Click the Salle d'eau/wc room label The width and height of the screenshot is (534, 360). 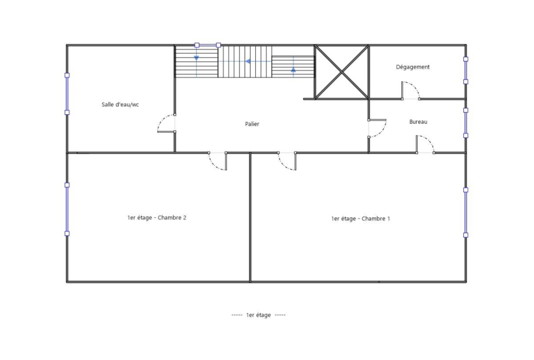click(x=120, y=104)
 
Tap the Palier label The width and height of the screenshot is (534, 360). click(x=252, y=124)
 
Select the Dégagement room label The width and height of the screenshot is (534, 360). click(x=413, y=67)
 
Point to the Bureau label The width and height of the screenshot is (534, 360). click(x=418, y=122)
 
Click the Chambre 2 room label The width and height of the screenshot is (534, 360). click(x=157, y=218)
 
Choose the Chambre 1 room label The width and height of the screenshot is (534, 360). click(x=360, y=219)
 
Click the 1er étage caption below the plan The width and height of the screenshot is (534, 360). click(x=258, y=315)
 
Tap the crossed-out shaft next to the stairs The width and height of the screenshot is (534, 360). click(x=342, y=72)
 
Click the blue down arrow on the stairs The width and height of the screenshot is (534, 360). click(x=197, y=58)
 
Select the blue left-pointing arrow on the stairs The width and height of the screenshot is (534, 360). click(x=248, y=61)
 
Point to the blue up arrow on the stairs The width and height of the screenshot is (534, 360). click(x=293, y=70)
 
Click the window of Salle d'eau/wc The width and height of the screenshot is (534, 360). click(x=67, y=94)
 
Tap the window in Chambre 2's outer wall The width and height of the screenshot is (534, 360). click(x=67, y=209)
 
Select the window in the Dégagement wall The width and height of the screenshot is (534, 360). click(x=466, y=70)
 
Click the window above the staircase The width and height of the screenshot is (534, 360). click(x=208, y=45)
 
